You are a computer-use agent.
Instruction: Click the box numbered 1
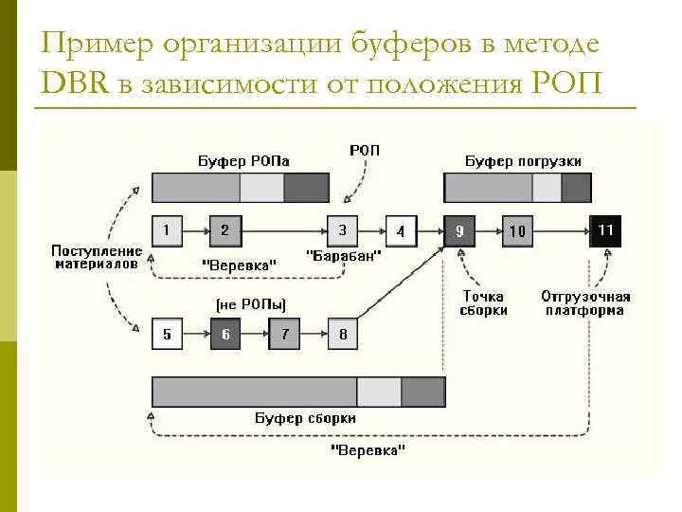[167, 230]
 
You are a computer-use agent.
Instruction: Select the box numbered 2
[225, 230]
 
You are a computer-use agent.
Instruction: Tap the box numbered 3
[343, 230]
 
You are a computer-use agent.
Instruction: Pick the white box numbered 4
[401, 231]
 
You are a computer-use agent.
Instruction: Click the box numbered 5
[167, 334]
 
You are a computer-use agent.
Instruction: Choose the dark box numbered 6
[225, 334]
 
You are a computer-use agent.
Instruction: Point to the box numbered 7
[284, 334]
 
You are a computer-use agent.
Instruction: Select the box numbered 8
[343, 334]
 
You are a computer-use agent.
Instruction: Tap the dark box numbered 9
[458, 230]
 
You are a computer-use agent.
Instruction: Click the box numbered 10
[517, 230]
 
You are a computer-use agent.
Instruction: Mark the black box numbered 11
[606, 230]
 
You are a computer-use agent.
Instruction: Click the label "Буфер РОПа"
[236, 161]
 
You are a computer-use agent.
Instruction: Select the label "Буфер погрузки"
[523, 161]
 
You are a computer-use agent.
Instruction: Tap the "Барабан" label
[345, 256]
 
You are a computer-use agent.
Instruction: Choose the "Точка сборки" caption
[484, 303]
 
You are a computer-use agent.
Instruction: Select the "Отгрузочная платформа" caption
[585, 303]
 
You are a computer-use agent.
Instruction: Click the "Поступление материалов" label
[97, 258]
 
